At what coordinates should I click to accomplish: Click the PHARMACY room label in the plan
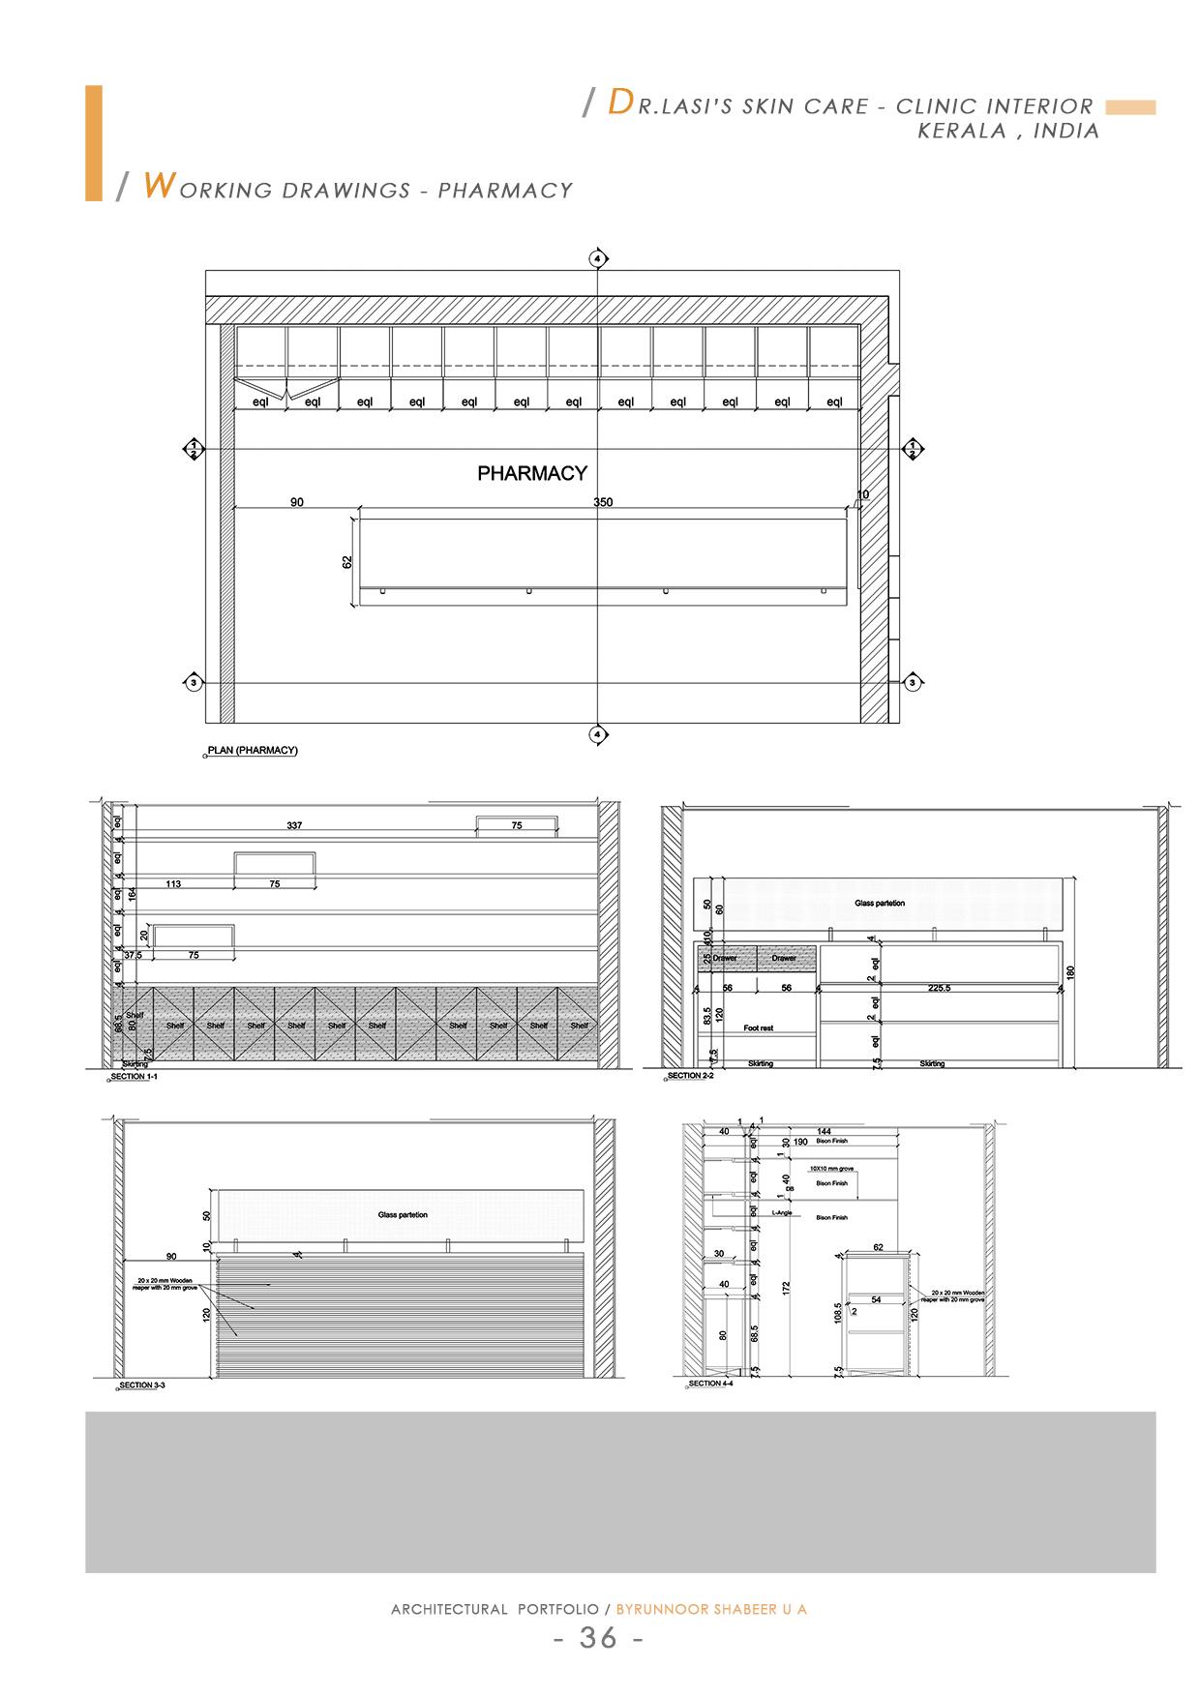tap(532, 473)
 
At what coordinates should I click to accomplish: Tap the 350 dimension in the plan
tap(603, 502)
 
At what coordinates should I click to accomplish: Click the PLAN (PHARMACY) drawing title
tap(253, 751)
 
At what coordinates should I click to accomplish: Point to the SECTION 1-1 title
tap(134, 1076)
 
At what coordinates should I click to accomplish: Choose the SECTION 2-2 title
tap(690, 1076)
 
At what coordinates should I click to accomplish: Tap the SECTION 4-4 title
tap(712, 1384)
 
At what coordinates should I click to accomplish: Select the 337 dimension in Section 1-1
tap(294, 825)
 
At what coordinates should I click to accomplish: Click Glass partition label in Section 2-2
tap(880, 903)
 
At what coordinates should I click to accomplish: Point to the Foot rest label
tap(759, 1028)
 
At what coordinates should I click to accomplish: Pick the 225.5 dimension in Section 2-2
tap(939, 988)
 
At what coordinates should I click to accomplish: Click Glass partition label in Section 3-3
tap(403, 1214)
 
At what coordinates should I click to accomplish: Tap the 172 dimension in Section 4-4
tap(787, 1288)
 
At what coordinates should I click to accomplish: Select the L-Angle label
tap(782, 1212)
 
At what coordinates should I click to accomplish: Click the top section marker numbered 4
tap(598, 259)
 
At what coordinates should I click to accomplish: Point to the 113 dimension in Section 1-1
tap(173, 884)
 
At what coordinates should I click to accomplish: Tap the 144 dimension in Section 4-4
tap(824, 1131)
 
